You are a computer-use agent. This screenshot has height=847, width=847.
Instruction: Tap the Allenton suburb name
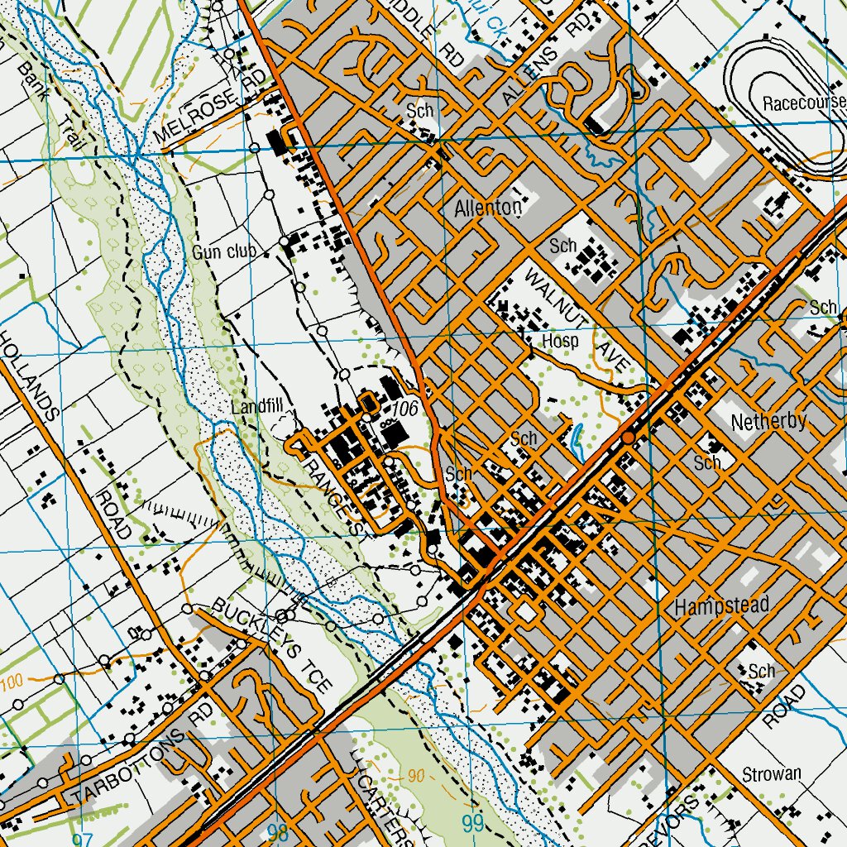point(489,208)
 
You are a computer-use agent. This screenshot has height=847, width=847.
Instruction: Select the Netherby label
point(768,421)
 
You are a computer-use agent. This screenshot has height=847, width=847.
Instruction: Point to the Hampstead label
point(721,605)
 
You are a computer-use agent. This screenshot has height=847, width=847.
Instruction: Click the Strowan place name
point(771,774)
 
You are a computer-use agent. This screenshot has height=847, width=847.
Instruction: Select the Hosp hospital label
point(560,341)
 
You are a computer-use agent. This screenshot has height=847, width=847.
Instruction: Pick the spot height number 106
point(404,408)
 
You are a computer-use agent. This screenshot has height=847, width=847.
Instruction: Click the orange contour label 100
point(11,682)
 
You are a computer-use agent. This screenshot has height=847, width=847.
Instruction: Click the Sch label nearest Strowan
point(761,671)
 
